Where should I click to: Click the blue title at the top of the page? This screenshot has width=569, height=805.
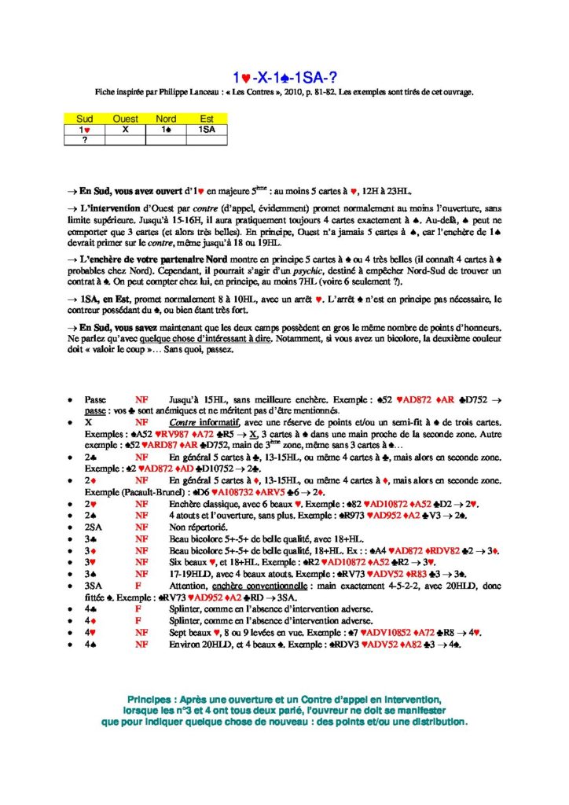[284, 77]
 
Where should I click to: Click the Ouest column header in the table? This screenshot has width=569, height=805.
[126, 119]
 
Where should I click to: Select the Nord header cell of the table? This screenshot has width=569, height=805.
[167, 119]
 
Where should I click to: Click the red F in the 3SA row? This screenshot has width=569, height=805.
[138, 585]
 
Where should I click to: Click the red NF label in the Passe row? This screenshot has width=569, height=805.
[141, 400]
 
